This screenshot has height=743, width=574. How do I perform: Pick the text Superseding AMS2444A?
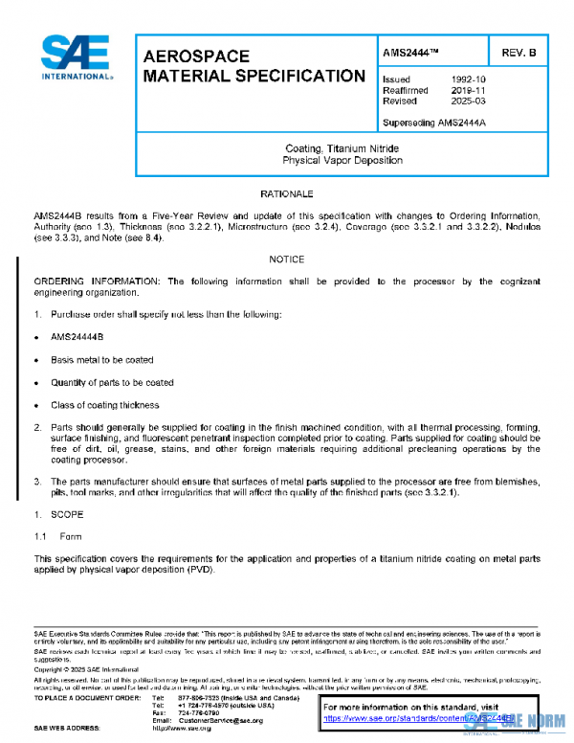pyautogui.click(x=434, y=124)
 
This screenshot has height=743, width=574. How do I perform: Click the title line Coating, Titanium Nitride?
pyautogui.click(x=342, y=149)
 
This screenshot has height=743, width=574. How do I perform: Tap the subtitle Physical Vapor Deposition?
pyautogui.click(x=342, y=161)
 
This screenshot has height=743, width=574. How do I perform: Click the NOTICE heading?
pyautogui.click(x=286, y=259)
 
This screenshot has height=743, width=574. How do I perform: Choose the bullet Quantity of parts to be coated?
pyautogui.click(x=112, y=382)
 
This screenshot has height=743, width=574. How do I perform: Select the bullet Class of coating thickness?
pyautogui.click(x=104, y=405)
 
